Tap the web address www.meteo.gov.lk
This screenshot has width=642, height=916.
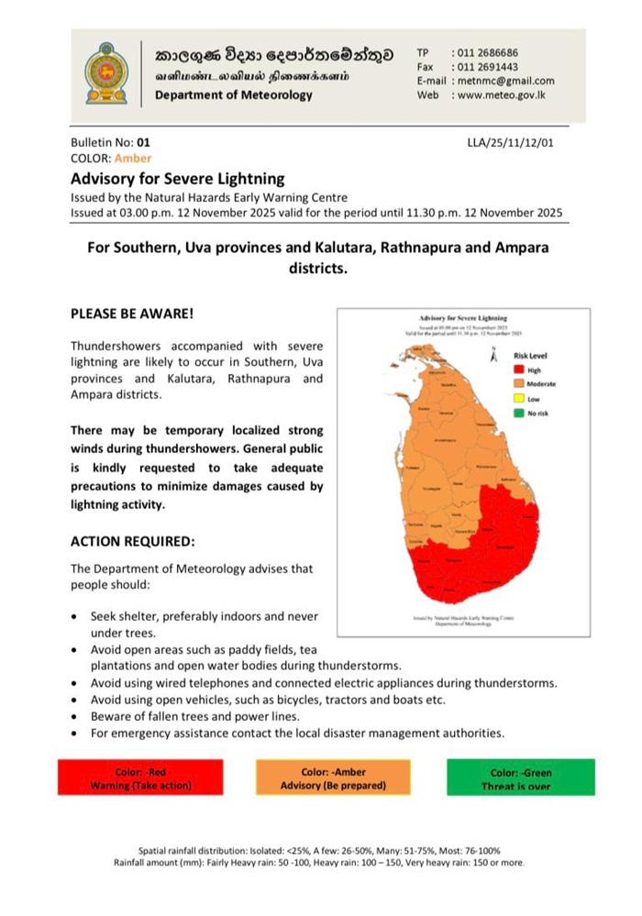pyautogui.click(x=504, y=94)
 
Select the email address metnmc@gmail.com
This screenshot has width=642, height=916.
pyautogui.click(x=504, y=81)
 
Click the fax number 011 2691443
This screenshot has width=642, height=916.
pyautogui.click(x=485, y=67)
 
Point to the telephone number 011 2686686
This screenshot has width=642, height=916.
pyautogui.click(x=485, y=53)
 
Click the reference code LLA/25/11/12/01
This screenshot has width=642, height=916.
pyautogui.click(x=510, y=143)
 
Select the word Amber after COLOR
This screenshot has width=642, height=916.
pyautogui.click(x=133, y=158)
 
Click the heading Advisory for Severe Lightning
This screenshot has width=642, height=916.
pyautogui.click(x=178, y=179)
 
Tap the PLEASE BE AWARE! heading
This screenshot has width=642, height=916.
pyautogui.click(x=132, y=314)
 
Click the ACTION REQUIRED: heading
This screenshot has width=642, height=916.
pyautogui.click(x=132, y=541)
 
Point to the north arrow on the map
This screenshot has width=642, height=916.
pyautogui.click(x=494, y=359)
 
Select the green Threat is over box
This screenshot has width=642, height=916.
pyautogui.click(x=521, y=778)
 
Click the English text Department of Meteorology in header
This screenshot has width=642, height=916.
pyautogui.click(x=234, y=95)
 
